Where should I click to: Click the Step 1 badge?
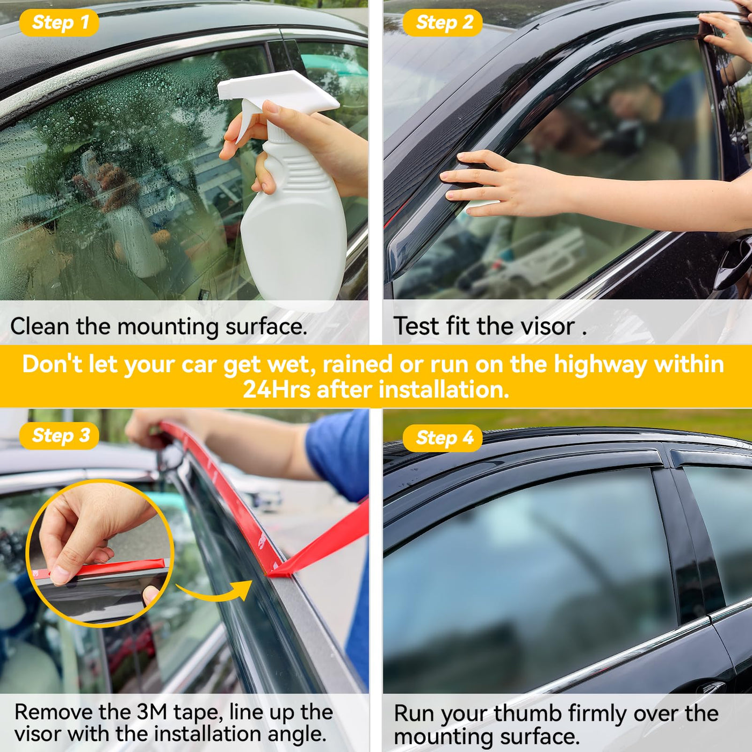[59, 22]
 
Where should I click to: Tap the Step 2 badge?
[443, 22]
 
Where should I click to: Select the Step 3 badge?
[59, 436]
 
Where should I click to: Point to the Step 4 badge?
[443, 438]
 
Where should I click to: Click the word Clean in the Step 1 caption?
[40, 326]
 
